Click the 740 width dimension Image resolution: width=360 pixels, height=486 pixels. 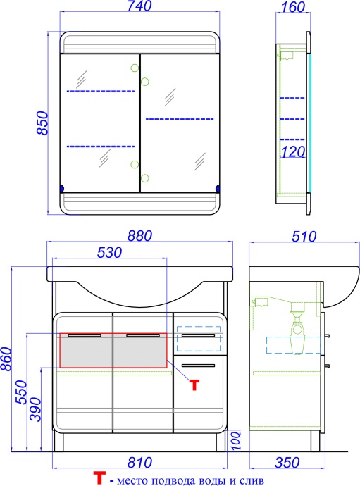139,6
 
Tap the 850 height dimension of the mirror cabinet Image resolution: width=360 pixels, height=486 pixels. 43,123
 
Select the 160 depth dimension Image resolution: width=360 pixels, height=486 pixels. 293,7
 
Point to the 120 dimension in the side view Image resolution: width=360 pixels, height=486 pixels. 293,151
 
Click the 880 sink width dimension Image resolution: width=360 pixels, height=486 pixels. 139,236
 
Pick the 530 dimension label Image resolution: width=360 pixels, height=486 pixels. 109,253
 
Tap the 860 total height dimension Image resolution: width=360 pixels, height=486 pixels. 6,359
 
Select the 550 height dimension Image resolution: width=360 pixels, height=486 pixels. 22,392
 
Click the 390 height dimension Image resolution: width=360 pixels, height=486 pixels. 35,410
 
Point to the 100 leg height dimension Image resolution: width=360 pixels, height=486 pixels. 236,440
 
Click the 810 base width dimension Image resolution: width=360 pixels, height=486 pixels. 139,463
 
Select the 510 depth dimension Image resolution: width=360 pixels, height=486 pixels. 304,237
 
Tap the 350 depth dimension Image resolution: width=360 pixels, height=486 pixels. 287,463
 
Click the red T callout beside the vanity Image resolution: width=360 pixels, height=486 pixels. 194,385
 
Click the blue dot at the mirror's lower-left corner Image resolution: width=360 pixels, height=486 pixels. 61,188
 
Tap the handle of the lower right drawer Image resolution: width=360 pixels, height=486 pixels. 198,366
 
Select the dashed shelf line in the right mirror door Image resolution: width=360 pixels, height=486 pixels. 180,119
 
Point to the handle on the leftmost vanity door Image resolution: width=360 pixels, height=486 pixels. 85,335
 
